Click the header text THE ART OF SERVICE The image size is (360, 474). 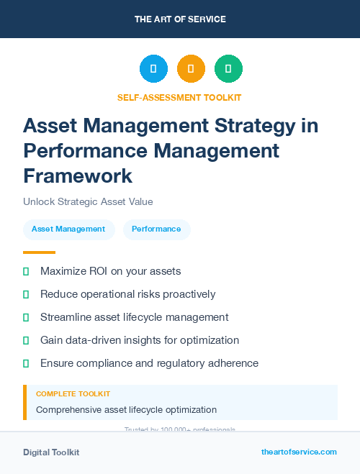(x=180, y=19)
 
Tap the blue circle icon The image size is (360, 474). (x=153, y=69)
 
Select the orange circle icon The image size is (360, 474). (x=191, y=69)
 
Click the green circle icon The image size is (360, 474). (x=228, y=69)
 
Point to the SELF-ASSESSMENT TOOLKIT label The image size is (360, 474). (x=179, y=97)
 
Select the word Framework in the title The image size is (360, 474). (x=78, y=175)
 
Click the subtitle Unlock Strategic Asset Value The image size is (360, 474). (x=88, y=202)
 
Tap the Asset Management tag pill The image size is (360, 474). (x=68, y=229)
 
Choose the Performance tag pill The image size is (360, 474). (x=156, y=229)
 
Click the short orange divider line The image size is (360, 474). (x=39, y=252)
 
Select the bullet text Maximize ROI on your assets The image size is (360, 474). (x=110, y=271)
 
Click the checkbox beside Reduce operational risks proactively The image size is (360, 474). (x=26, y=294)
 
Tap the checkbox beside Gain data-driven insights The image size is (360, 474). (x=26, y=340)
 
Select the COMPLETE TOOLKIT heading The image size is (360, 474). (x=73, y=394)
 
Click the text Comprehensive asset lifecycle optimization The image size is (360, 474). (x=126, y=410)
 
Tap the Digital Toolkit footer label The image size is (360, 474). (x=51, y=452)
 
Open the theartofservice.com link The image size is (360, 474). (x=299, y=452)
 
